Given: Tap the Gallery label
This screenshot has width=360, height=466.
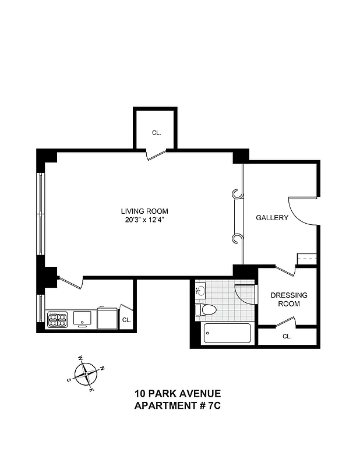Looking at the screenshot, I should tap(272, 218).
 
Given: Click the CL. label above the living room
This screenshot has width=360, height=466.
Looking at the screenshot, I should tap(156, 133).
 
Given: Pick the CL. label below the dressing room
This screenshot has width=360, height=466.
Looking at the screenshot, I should tap(287, 337).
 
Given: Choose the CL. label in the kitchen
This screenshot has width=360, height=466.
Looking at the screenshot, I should tap(126, 320).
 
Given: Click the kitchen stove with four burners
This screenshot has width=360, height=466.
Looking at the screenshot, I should tap(58, 319).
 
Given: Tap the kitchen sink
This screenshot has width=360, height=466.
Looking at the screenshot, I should tap(82, 318).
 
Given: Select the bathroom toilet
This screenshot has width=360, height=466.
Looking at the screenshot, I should tap(207, 309).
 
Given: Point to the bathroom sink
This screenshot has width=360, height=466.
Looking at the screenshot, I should tap(200, 290).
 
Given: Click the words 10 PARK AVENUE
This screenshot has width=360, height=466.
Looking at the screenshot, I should tap(177, 394).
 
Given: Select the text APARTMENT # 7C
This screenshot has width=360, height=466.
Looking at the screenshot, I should tap(177, 405).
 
